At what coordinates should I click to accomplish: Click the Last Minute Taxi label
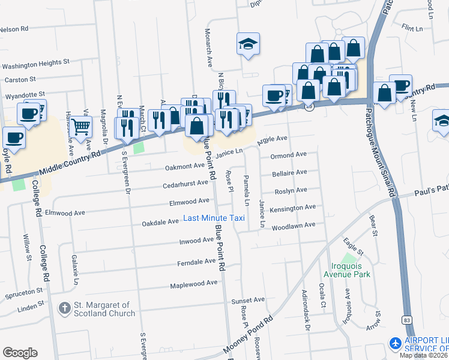[214, 218]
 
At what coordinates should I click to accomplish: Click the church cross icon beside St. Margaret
[65, 308]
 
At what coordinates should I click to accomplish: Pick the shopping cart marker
[80, 127]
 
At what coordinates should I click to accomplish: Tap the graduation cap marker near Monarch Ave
[247, 44]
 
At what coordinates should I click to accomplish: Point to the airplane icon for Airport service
[396, 344]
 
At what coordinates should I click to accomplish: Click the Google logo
[20, 352]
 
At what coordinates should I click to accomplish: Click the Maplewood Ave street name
[193, 284]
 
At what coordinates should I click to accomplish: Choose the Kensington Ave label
[293, 208]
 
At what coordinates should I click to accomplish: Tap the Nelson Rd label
[14, 29]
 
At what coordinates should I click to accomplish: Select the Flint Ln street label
[413, 28]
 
